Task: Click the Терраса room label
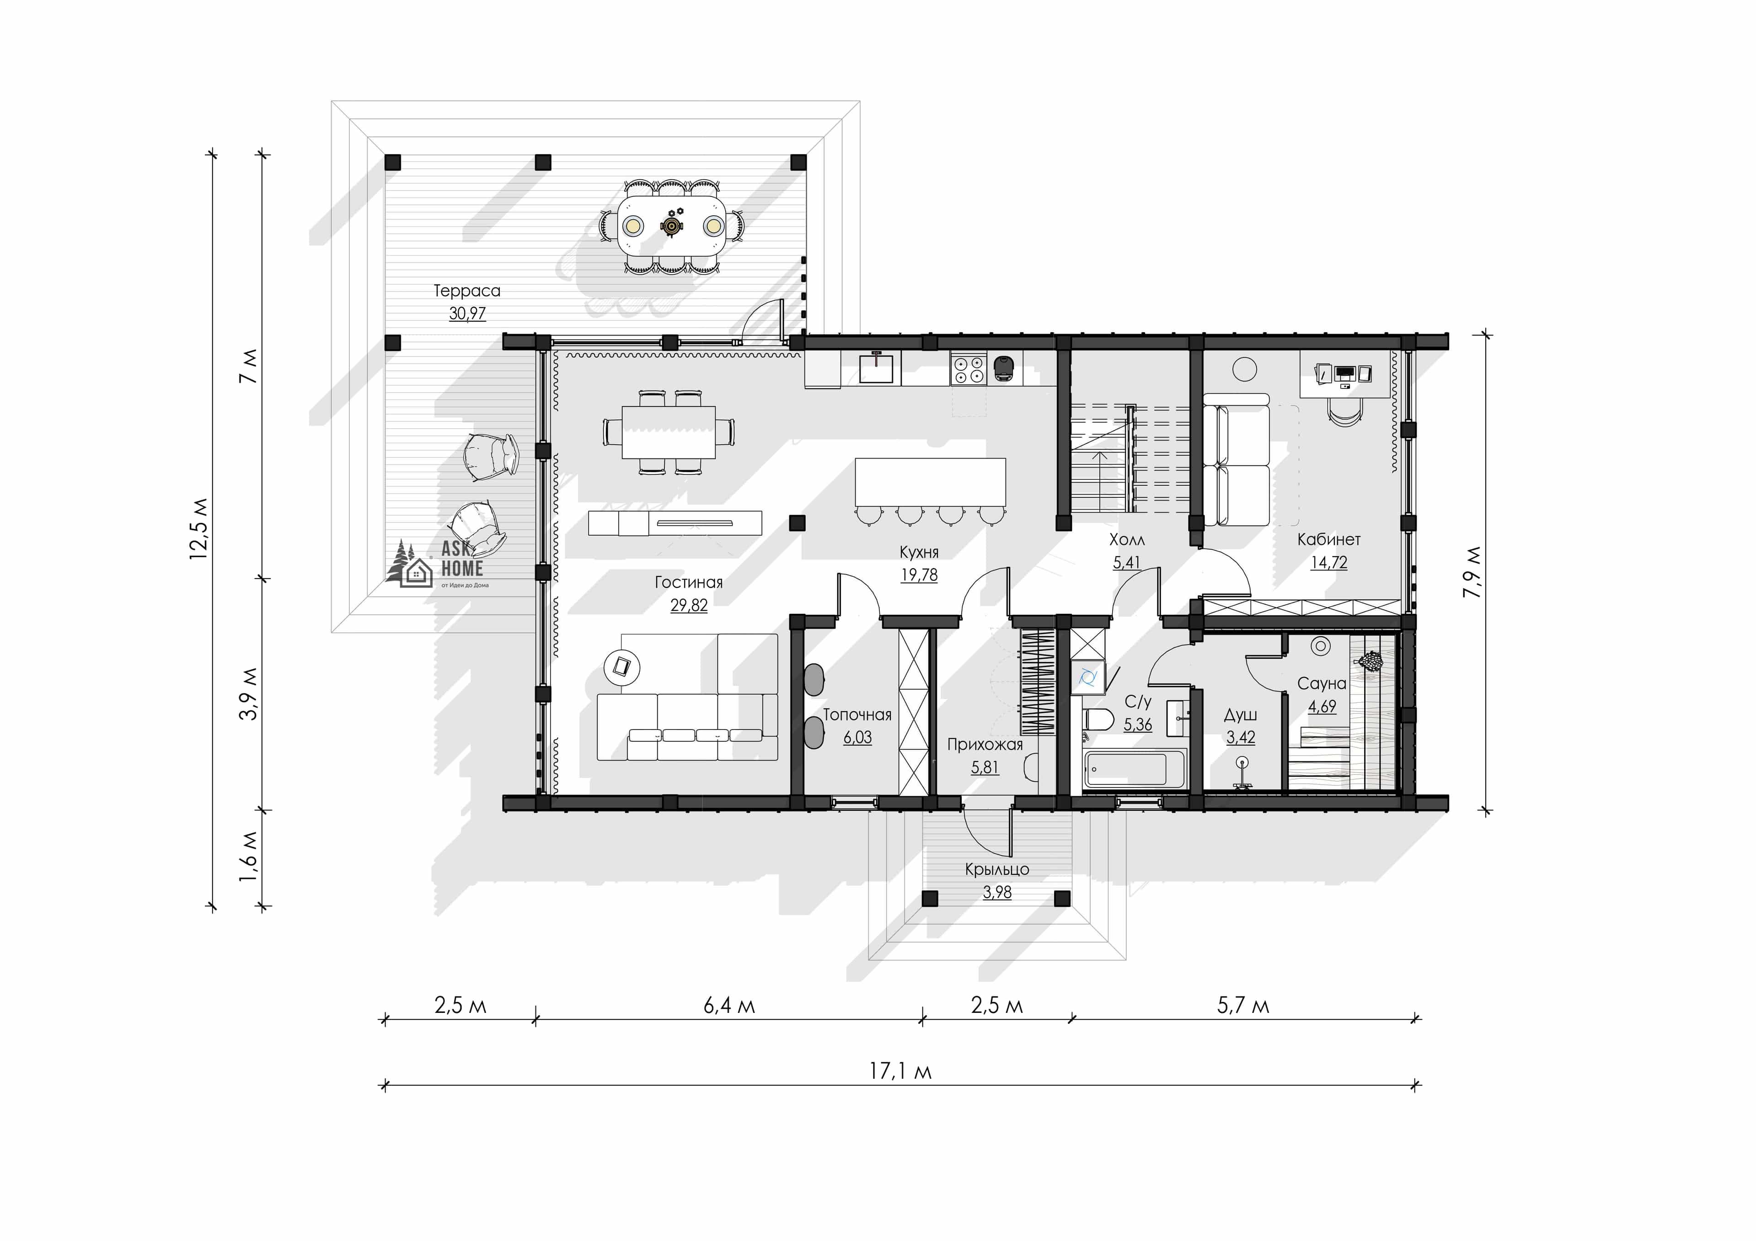(466, 291)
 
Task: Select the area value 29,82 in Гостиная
(688, 606)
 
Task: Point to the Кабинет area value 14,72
(1328, 563)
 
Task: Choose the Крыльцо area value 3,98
(996, 892)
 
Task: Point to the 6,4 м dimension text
(729, 1006)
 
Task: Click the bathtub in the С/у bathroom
(1134, 768)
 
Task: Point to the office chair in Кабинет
(1344, 411)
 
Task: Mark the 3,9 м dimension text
(249, 693)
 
